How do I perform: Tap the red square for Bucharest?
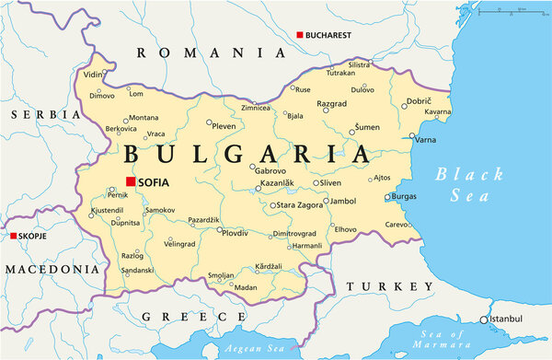[299, 35]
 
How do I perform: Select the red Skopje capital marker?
[14, 237]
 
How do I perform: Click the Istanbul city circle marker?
[484, 319]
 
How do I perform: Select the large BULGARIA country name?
[246, 153]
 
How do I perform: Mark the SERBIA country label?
[45, 114]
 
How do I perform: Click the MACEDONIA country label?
[51, 270]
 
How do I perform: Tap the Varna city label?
[426, 140]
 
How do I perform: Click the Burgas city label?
[404, 197]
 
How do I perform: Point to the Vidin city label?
[93, 74]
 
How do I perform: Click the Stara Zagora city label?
[299, 204]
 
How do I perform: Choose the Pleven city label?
[224, 124]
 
